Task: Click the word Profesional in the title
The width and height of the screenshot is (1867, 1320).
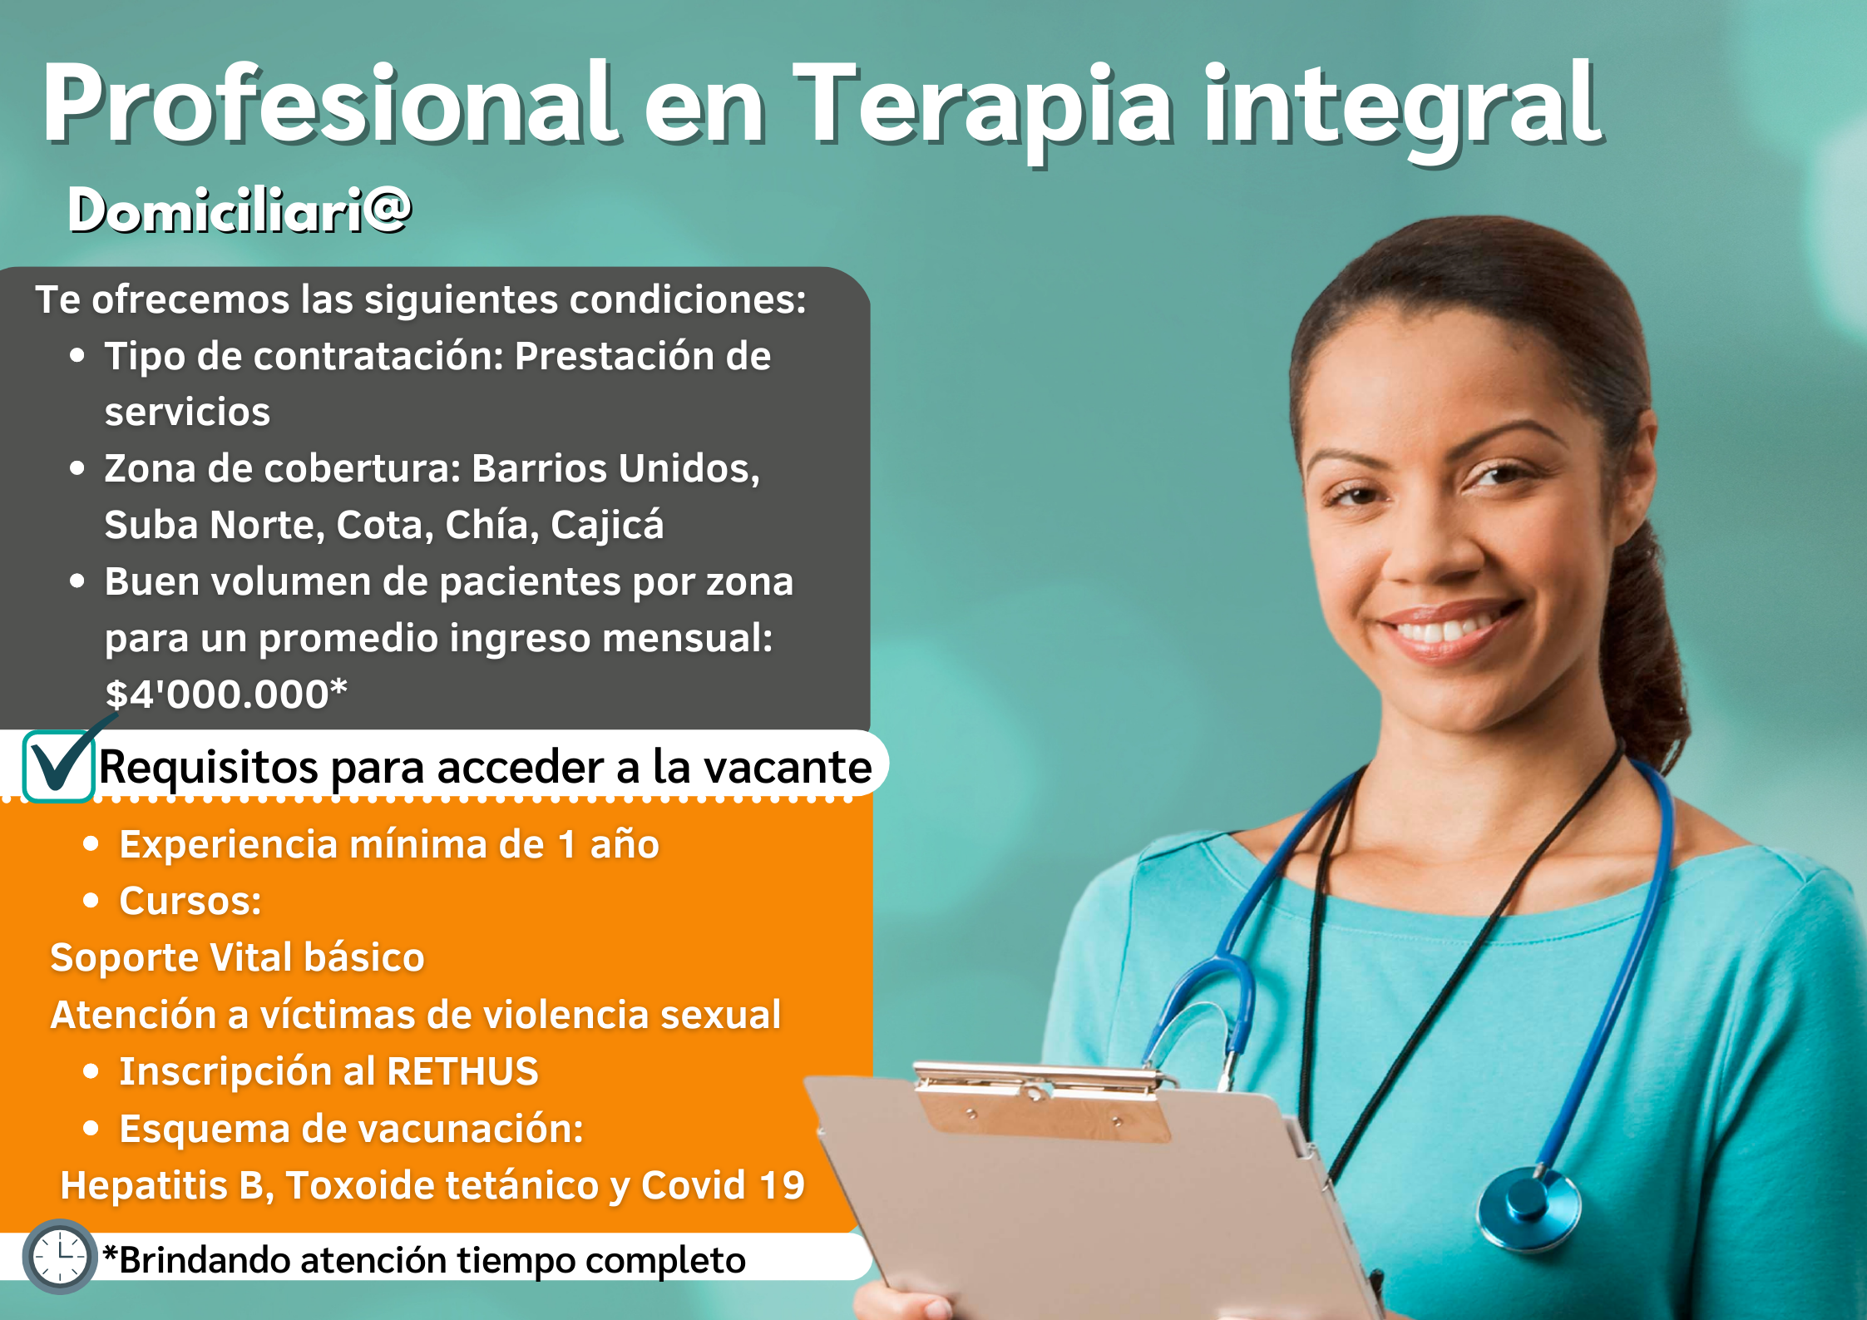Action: click(330, 103)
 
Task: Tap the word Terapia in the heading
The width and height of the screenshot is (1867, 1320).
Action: click(983, 108)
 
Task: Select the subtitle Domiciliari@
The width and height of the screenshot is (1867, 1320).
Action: click(240, 210)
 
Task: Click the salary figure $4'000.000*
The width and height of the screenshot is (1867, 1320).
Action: click(226, 694)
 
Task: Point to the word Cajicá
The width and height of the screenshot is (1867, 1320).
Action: click(607, 525)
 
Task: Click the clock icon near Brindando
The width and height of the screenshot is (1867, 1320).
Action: click(60, 1256)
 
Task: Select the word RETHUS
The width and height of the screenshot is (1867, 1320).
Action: click(462, 1071)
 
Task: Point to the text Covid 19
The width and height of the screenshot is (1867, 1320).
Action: click(723, 1185)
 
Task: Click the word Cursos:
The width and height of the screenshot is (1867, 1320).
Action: click(190, 901)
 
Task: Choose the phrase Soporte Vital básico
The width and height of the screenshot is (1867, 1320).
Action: click(238, 957)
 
